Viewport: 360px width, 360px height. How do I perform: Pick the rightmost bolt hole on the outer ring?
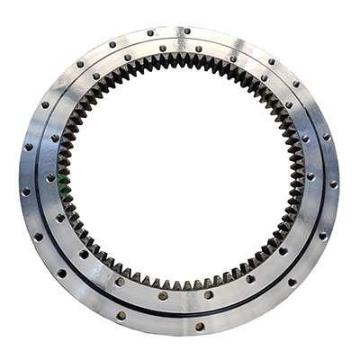click(333, 184)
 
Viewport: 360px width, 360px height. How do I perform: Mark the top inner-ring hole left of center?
click(163, 49)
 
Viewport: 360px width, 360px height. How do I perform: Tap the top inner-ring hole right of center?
click(199, 49)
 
